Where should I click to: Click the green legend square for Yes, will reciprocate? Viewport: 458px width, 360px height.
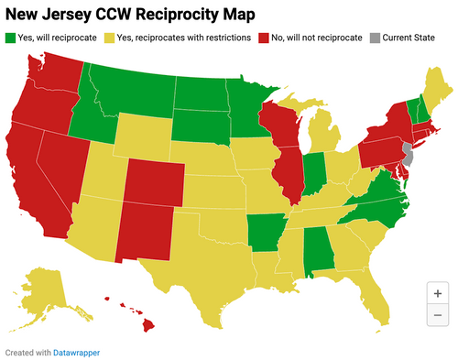11,38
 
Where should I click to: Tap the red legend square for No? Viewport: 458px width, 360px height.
266,38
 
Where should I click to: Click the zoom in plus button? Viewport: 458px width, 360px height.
437,294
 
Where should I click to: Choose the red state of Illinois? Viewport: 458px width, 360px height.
290,174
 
